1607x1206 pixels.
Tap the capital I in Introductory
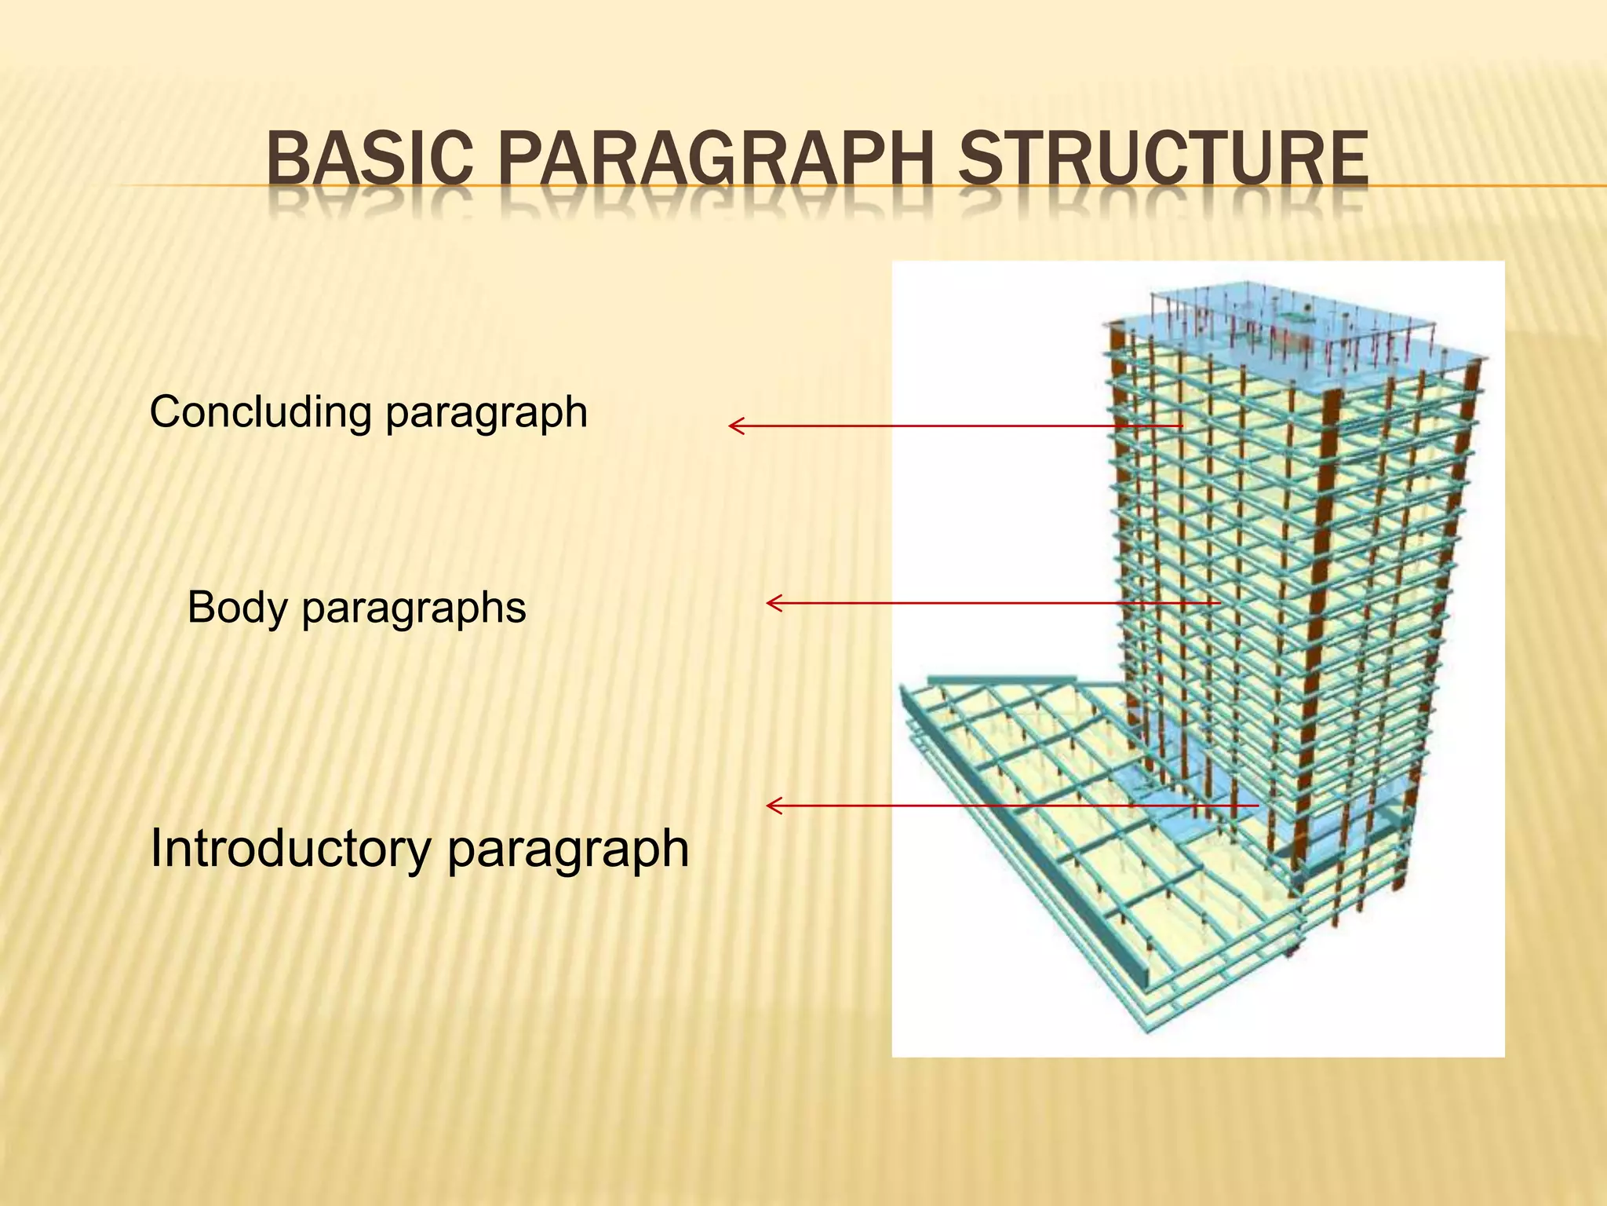pyautogui.click(x=155, y=849)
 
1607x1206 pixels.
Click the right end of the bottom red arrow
pyautogui.click(x=1257, y=806)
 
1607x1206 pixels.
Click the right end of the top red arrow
pyautogui.click(x=1181, y=426)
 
